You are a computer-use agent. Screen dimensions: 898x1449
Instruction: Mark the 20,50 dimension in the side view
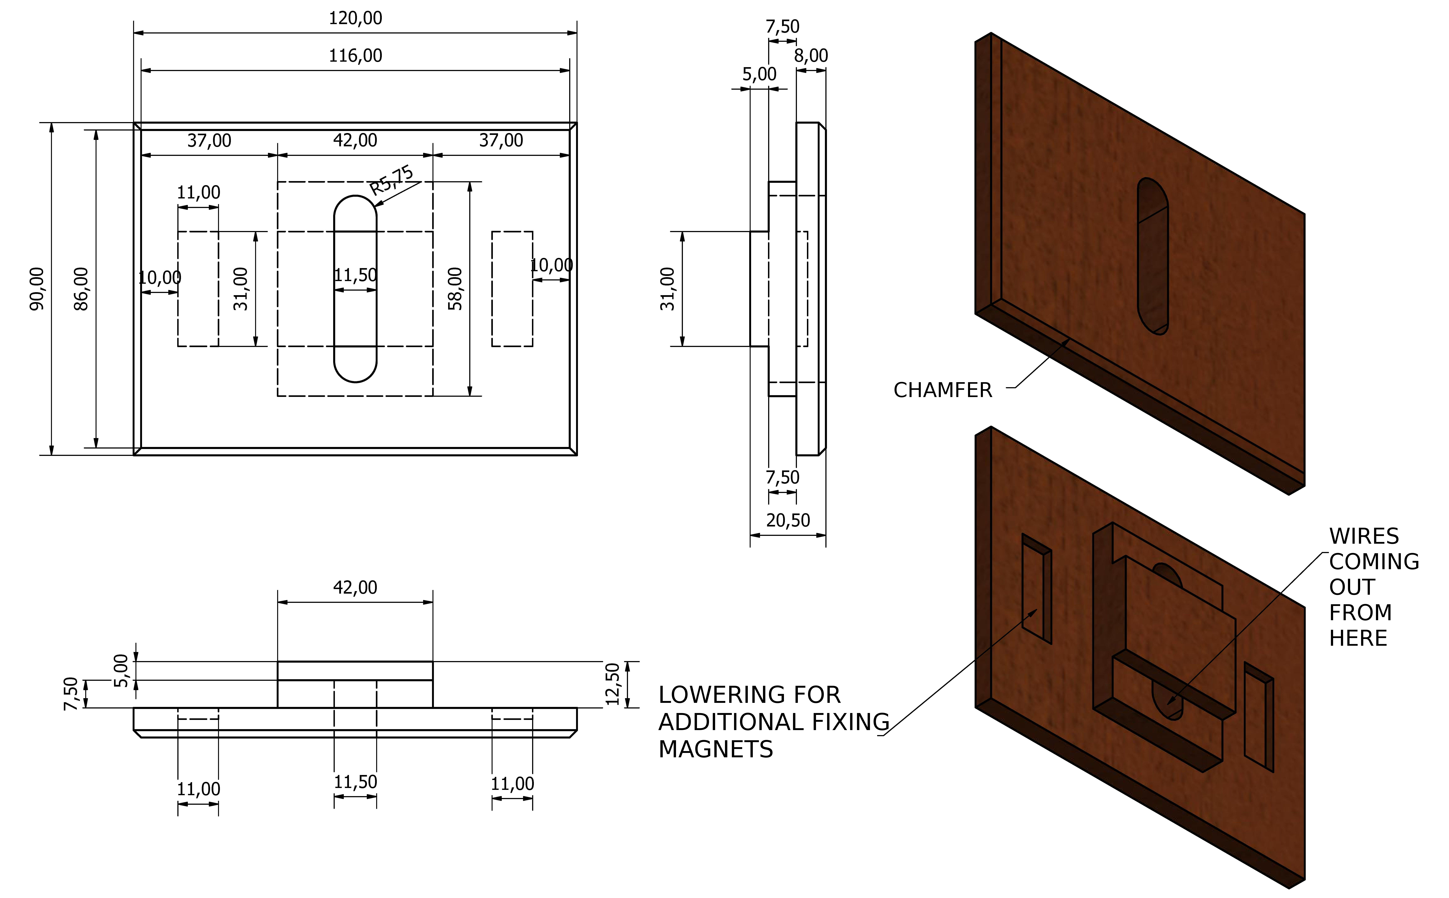tap(788, 520)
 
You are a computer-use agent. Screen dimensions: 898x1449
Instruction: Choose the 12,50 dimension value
tap(612, 684)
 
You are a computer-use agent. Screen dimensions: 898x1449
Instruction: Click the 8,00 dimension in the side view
tap(811, 56)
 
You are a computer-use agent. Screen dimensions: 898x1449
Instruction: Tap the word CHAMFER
tap(943, 390)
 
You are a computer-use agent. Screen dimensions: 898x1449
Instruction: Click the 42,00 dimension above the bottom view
tap(355, 587)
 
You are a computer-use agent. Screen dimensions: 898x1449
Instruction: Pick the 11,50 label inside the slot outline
tap(355, 275)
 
